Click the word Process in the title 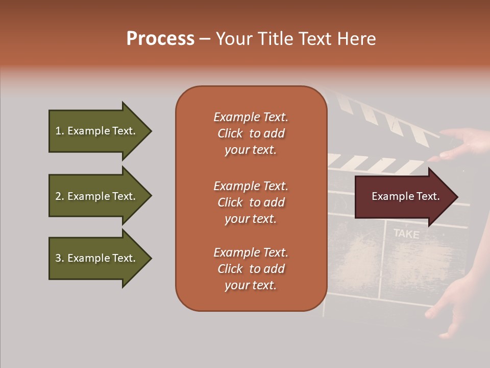click(x=160, y=39)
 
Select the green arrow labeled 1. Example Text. click(x=97, y=131)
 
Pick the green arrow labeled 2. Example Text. click(x=97, y=196)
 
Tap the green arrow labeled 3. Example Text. click(x=97, y=258)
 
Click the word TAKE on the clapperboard click(x=406, y=234)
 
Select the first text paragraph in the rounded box click(x=251, y=133)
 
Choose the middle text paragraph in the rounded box click(x=251, y=202)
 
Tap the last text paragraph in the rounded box click(x=251, y=269)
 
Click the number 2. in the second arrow click(x=60, y=196)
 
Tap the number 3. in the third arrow click(x=60, y=258)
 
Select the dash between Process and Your click(x=205, y=39)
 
